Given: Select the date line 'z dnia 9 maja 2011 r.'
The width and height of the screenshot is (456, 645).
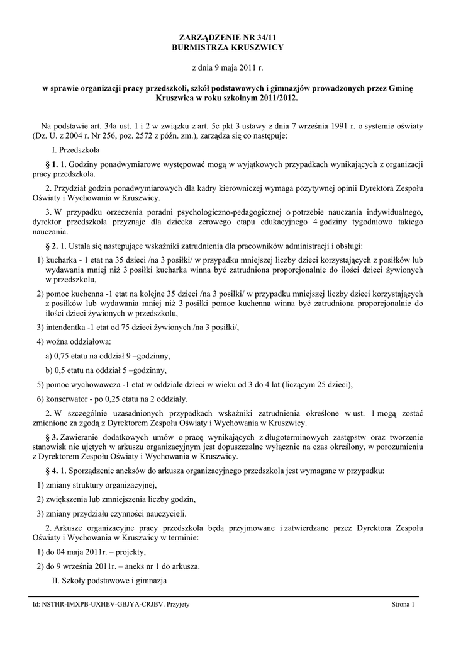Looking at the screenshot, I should (228, 67).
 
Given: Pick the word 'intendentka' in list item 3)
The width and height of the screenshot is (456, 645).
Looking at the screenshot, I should (65, 327).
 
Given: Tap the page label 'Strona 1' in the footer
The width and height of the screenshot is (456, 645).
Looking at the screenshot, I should (403, 605).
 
